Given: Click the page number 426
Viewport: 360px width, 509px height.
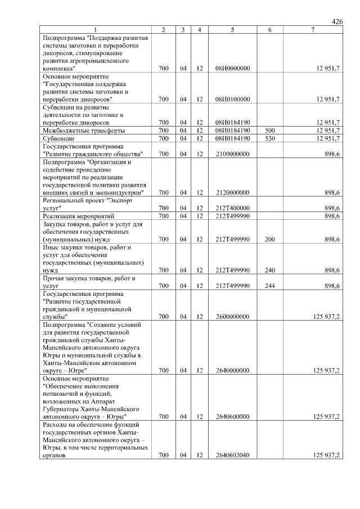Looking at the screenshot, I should tap(337, 21).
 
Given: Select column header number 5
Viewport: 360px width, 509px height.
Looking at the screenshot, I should tap(232, 29).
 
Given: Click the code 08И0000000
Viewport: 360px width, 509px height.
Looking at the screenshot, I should tap(232, 68).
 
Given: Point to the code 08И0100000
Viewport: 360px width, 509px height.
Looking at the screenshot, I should tap(232, 99).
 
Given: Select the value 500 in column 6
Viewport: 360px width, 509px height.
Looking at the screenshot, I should tap(269, 130).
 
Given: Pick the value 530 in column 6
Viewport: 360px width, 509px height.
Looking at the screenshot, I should tap(269, 138).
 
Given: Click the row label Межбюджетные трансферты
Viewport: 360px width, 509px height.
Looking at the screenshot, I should tap(84, 130).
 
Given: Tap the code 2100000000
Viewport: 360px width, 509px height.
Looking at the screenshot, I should tap(232, 154).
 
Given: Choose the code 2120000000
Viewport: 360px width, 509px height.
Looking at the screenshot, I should tap(232, 192).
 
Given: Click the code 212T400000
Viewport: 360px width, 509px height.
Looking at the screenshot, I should tap(232, 208).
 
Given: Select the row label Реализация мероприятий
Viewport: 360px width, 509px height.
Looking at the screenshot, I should tap(79, 216).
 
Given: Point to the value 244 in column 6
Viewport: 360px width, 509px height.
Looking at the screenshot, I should tap(269, 286).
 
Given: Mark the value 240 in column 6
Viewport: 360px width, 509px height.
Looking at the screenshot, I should tap(269, 270).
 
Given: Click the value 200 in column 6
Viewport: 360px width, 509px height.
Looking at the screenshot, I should tap(269, 239).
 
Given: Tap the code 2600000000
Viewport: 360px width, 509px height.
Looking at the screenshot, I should tap(232, 317).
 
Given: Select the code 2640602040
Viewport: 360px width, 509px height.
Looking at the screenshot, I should tap(232, 456).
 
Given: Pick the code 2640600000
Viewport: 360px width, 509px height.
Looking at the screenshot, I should tap(232, 417).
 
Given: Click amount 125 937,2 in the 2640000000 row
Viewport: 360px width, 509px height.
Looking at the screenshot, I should tap(322, 371).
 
